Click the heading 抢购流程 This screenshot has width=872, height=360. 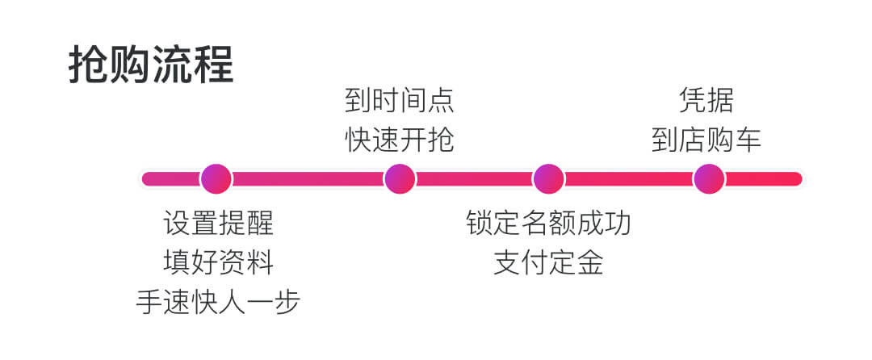pos(151,65)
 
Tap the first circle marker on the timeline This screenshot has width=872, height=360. pos(216,178)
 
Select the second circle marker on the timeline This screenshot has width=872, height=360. pos(400,178)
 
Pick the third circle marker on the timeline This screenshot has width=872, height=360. pos(548,178)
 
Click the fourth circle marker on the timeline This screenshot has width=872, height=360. pos(709,178)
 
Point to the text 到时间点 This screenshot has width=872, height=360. pos(400,102)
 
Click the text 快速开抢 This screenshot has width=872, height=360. pos(400,140)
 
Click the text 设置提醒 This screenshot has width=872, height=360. pos(218,222)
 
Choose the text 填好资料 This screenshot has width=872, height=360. pos(218,262)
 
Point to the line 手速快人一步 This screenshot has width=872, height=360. pos(218,302)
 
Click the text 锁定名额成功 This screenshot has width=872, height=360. pos(548,222)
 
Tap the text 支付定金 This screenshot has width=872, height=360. pos(548,262)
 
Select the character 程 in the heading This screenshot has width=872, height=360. pos(213,65)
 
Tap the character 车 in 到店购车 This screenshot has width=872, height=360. pos(748,140)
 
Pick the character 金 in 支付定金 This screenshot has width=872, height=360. pos(589,262)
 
